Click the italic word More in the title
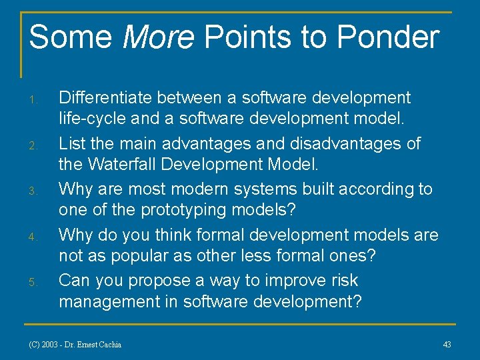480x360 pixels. pos(158,37)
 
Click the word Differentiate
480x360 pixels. pos(105,98)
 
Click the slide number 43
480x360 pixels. pos(447,345)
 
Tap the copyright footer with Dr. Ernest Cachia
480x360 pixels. pos(75,345)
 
